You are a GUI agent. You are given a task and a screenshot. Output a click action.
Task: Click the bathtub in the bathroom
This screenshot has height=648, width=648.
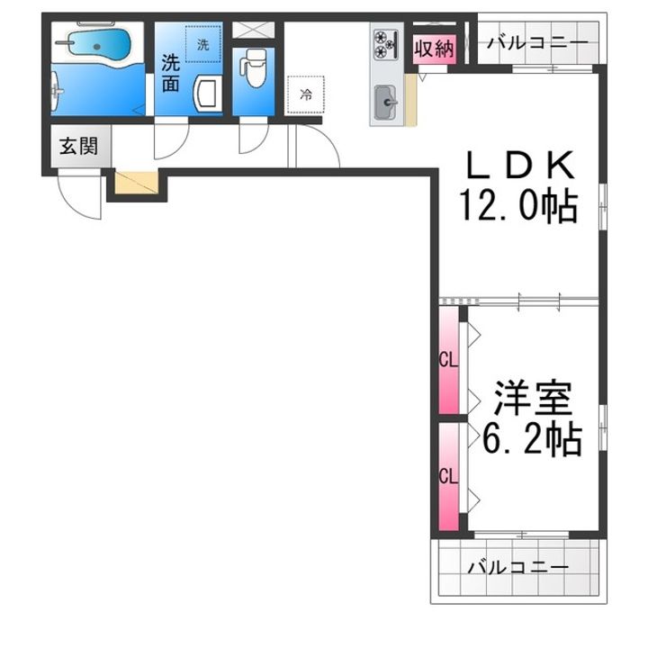click(x=98, y=42)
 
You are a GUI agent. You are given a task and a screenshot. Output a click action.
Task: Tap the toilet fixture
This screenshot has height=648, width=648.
click(x=253, y=67)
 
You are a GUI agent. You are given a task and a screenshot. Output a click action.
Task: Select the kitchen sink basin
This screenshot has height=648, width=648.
click(x=386, y=102)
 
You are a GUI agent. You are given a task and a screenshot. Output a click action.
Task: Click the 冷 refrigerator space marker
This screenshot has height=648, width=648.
click(x=306, y=94)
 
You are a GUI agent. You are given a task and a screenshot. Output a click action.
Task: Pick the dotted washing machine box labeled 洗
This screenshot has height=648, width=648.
click(x=202, y=44)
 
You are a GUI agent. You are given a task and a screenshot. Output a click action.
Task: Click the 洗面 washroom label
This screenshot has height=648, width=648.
click(x=170, y=73)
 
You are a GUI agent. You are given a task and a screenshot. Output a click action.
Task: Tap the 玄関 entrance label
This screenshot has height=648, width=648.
click(x=78, y=147)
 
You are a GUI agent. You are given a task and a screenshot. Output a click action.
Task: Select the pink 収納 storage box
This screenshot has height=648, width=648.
click(x=435, y=49)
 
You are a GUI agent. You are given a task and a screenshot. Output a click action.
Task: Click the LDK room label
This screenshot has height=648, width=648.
click(x=520, y=166)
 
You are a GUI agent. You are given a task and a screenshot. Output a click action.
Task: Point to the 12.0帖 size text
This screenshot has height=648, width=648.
click(x=518, y=205)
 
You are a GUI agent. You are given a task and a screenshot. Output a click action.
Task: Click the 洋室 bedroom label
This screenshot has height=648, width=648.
click(x=533, y=399)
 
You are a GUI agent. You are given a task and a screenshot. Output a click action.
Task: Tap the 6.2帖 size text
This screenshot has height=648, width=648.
click(x=532, y=438)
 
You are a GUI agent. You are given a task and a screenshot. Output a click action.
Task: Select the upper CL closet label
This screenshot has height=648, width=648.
click(x=448, y=361)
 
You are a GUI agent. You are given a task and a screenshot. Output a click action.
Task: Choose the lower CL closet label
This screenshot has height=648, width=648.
click(x=448, y=476)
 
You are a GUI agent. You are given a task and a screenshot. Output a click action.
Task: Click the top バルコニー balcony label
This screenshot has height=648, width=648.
click(x=537, y=42)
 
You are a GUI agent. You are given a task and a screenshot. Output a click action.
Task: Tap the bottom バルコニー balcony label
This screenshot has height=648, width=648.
click(x=518, y=568)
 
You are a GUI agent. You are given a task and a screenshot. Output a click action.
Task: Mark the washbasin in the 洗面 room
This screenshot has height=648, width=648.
click(x=205, y=94)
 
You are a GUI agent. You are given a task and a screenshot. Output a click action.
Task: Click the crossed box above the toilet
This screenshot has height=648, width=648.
click(x=253, y=31)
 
